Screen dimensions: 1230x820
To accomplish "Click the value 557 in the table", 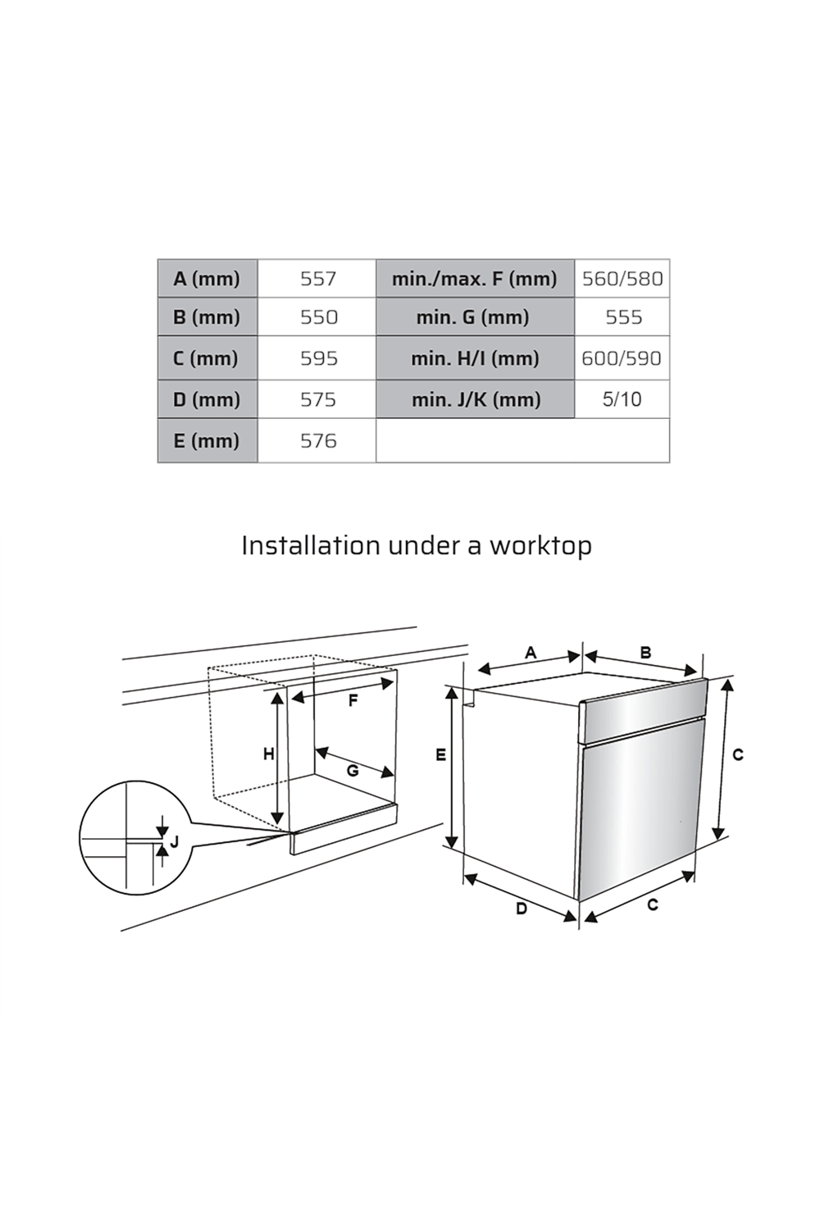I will click(x=317, y=279).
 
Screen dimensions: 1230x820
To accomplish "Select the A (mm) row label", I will click(x=207, y=279).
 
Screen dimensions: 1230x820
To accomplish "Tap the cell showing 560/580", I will click(x=622, y=279).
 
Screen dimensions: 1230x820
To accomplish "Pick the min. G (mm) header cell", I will click(x=473, y=317).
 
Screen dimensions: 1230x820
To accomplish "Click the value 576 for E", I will click(x=317, y=441).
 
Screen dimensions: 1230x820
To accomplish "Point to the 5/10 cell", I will click(x=622, y=399).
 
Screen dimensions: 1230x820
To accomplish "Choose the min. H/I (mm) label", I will click(x=475, y=358).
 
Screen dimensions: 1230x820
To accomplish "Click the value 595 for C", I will click(x=318, y=358).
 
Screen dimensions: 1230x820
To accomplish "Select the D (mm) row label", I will click(x=207, y=399).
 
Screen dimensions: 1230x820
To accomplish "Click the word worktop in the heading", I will click(x=540, y=545).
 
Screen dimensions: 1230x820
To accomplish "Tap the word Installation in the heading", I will click(x=310, y=545).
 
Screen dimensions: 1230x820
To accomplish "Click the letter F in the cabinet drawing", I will click(x=353, y=701).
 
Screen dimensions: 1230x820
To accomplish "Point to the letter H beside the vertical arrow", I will click(x=268, y=754).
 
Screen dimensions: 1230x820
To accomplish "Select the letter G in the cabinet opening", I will click(x=353, y=771).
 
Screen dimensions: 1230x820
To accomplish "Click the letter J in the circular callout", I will click(x=174, y=841).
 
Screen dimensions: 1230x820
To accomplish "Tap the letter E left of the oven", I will click(x=441, y=755).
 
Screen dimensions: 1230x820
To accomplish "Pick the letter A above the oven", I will click(x=531, y=653).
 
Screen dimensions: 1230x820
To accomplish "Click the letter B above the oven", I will click(x=645, y=653).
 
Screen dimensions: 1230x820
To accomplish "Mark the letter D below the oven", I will click(x=521, y=909).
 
